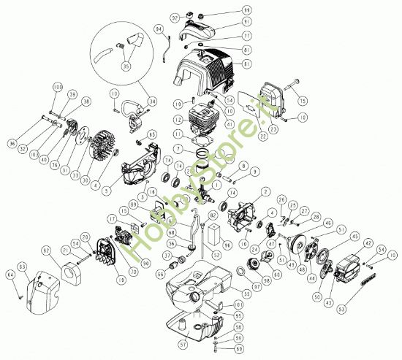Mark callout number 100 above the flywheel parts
point(58,87)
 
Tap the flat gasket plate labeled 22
point(254,115)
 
